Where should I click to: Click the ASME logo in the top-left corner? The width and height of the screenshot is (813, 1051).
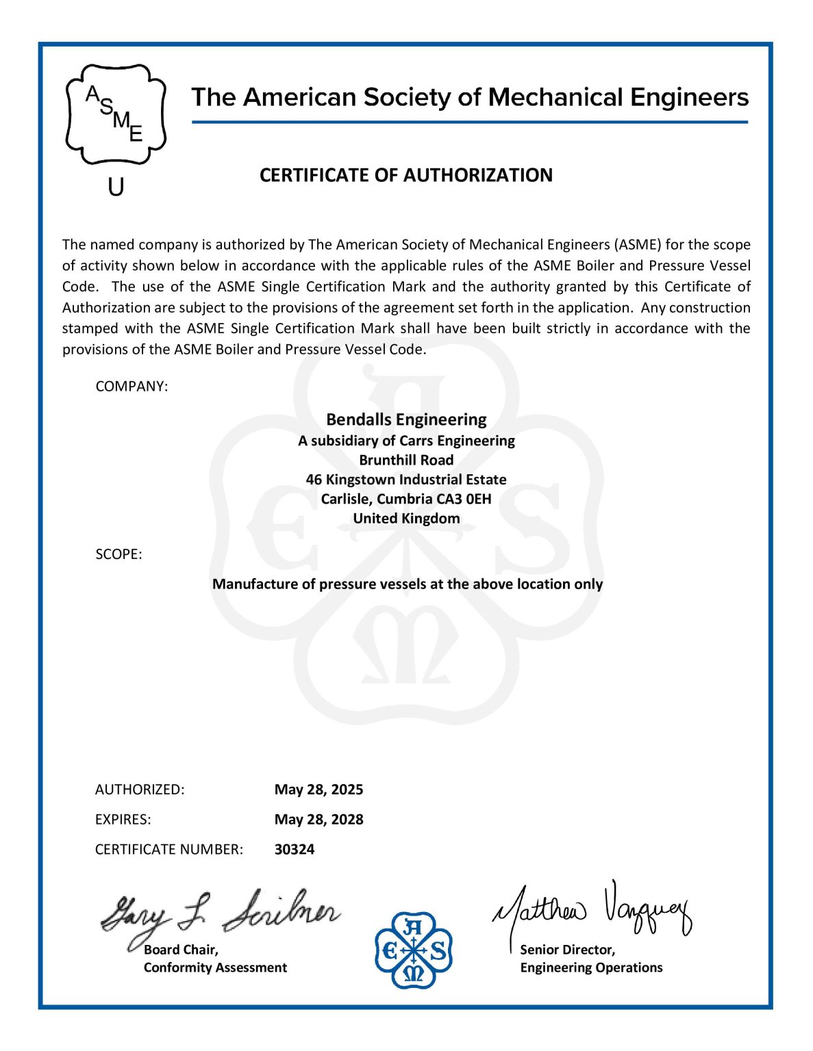click(x=116, y=114)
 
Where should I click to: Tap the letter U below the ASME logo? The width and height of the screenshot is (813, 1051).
click(x=116, y=186)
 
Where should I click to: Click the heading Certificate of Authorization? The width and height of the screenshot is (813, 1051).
click(x=405, y=175)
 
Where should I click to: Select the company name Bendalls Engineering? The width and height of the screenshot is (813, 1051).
click(x=406, y=419)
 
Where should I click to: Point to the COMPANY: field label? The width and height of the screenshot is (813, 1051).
click(x=132, y=387)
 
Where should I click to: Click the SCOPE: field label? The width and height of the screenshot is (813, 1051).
click(x=118, y=554)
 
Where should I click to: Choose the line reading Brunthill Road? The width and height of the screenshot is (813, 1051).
click(x=406, y=460)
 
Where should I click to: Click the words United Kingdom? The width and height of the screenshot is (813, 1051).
click(x=406, y=518)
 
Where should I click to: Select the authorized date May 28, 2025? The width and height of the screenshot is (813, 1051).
click(x=318, y=790)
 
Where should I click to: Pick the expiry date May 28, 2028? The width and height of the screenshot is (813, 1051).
click(x=318, y=820)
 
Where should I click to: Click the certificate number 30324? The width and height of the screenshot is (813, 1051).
click(x=295, y=850)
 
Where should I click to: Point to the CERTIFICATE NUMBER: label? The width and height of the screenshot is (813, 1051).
click(x=168, y=850)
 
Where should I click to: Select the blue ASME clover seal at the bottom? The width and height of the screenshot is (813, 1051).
click(x=413, y=950)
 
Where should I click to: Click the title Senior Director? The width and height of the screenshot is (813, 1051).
click(x=567, y=950)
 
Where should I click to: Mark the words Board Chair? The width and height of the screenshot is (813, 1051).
click(x=181, y=950)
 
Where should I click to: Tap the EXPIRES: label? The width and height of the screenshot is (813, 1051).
click(x=123, y=820)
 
